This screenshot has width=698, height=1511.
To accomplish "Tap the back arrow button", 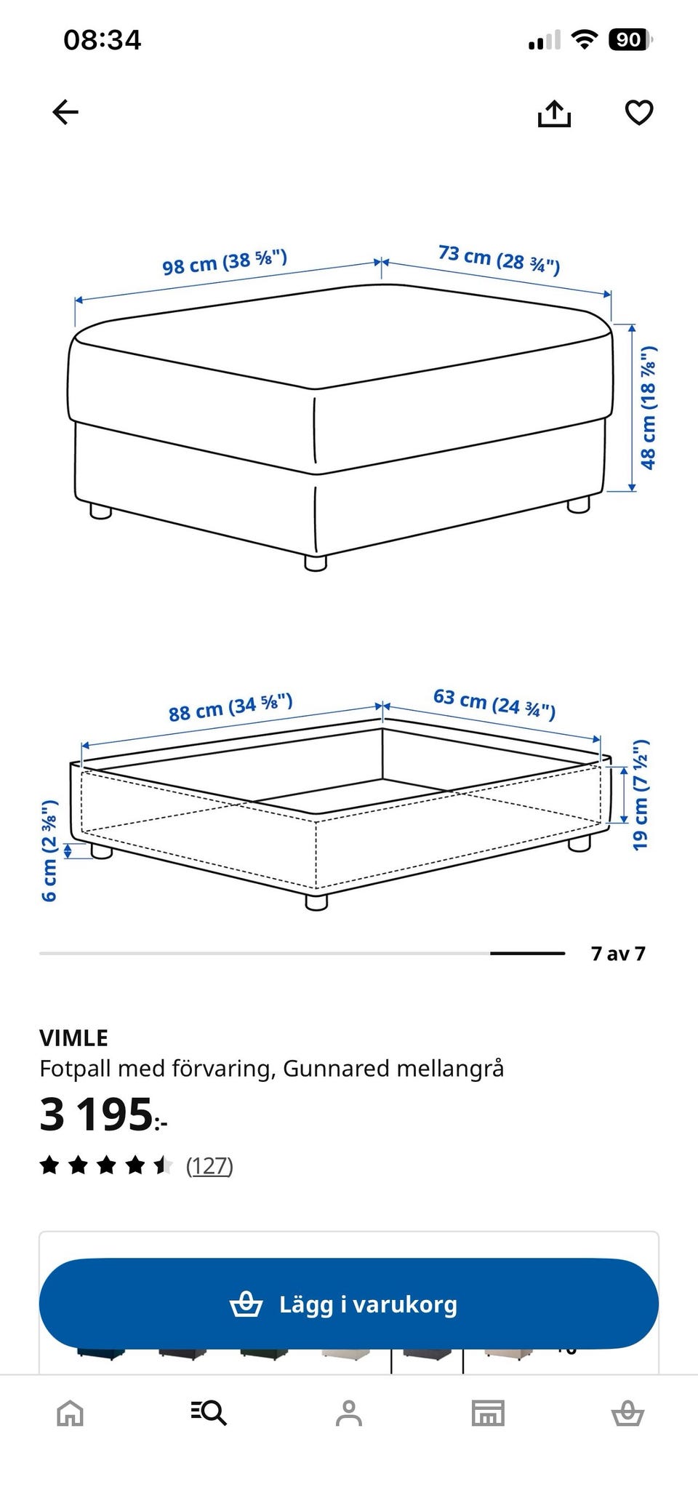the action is pyautogui.click(x=65, y=112).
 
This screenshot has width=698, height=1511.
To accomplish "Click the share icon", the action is pyautogui.click(x=554, y=113).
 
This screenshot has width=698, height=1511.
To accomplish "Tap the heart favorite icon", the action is pyautogui.click(x=639, y=113).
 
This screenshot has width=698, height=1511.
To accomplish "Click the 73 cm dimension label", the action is pyautogui.click(x=499, y=260).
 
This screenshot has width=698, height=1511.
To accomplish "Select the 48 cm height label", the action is pyautogui.click(x=648, y=407).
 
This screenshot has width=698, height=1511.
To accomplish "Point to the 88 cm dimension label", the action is pyautogui.click(x=230, y=708).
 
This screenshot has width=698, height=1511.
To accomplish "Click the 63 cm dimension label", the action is pyautogui.click(x=494, y=703).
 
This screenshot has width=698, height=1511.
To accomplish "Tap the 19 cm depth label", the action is pyautogui.click(x=640, y=795).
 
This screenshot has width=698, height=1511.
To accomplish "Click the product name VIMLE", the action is pyautogui.click(x=73, y=1037).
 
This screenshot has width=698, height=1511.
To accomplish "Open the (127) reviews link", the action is pyautogui.click(x=209, y=1165).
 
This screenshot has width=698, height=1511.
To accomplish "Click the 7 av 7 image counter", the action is pyautogui.click(x=618, y=953).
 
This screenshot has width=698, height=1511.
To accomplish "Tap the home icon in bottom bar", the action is pyautogui.click(x=71, y=1414).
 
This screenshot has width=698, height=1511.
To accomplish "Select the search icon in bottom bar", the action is pyautogui.click(x=209, y=1413).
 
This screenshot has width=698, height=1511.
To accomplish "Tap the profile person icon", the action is pyautogui.click(x=349, y=1413).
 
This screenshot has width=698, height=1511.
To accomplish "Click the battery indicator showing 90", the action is pyautogui.click(x=630, y=39).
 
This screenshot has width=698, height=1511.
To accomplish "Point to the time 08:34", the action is pyautogui.click(x=103, y=40).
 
